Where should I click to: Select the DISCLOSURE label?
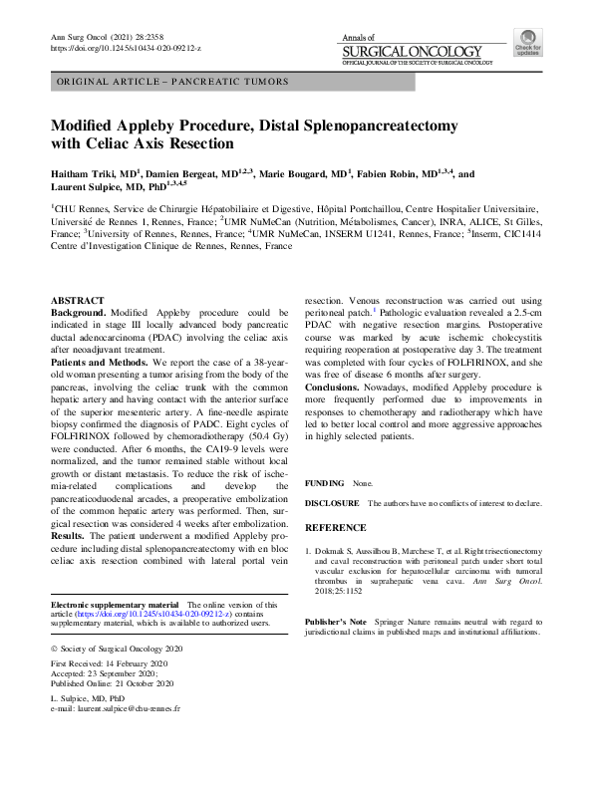[332, 504]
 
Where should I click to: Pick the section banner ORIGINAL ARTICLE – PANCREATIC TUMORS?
[174, 82]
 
